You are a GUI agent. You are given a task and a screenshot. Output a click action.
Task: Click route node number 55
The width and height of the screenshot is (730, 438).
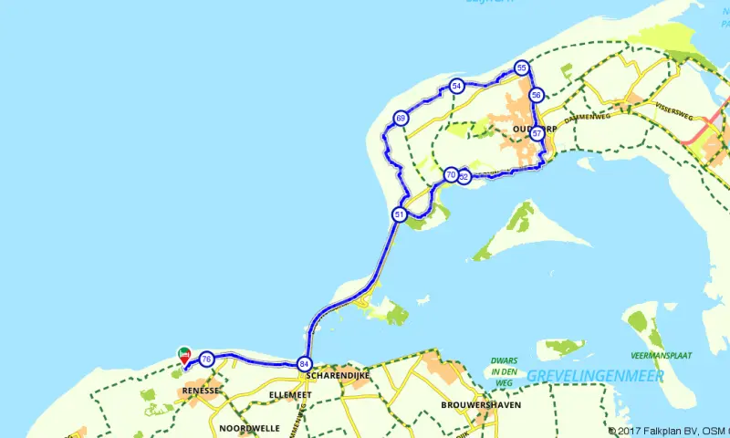pos(521,68)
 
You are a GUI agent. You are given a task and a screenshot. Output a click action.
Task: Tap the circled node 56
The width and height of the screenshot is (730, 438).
pos(537,95)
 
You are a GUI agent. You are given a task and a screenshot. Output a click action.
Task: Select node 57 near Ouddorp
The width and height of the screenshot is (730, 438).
pos(537,133)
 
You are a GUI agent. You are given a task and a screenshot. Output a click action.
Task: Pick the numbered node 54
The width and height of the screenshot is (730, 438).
pos(456,86)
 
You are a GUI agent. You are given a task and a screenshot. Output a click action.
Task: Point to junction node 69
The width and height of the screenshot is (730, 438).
pos(401,119)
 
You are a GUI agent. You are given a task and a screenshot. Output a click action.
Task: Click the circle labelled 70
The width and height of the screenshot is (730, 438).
pos(451,174)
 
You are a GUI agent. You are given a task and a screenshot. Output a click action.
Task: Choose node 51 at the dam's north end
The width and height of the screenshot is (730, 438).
pos(400,214)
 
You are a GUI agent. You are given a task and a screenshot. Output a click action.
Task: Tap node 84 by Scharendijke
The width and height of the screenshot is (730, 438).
pos(303,364)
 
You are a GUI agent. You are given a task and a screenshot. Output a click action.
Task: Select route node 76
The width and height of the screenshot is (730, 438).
pos(207,359)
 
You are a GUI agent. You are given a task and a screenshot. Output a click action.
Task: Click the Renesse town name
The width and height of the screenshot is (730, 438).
pos(201,391)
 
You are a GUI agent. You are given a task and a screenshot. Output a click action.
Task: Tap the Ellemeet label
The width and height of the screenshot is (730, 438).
pos(291,395)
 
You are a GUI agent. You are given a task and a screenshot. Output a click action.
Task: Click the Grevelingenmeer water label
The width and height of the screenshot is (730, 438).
pos(581,376)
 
